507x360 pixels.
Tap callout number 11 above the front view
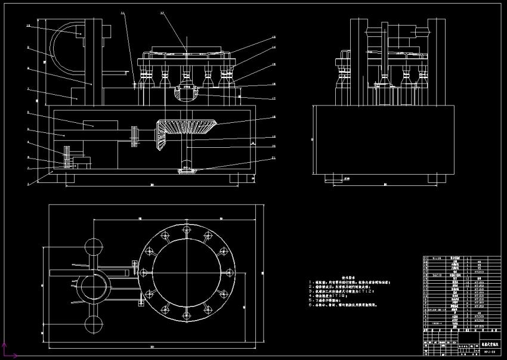tap(123, 13)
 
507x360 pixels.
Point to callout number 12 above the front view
tap(163, 13)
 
